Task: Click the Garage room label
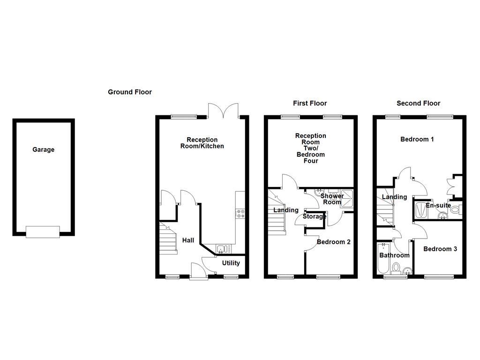tap(43, 150)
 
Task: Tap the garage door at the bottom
tap(43, 232)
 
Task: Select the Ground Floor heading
tap(130, 92)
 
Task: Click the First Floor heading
tap(310, 103)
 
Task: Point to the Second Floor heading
tap(418, 103)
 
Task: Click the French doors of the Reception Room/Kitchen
tap(224, 111)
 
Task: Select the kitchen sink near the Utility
tap(222, 248)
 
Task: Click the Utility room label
tap(231, 263)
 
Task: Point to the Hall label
tap(188, 240)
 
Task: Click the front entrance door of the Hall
tap(199, 272)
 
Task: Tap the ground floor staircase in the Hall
tap(169, 239)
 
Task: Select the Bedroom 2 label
tap(333, 242)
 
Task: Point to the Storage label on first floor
tap(314, 217)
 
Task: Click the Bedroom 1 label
tap(417, 139)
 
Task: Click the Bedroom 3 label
tap(440, 249)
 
